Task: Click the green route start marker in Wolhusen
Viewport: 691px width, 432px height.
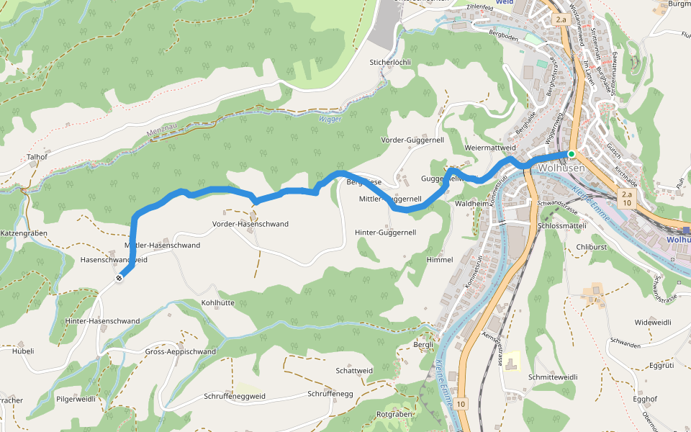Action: [x=571, y=154]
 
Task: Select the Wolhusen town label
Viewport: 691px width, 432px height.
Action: [x=561, y=168]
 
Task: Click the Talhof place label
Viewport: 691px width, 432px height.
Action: [x=37, y=156]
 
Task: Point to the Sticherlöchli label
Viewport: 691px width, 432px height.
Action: [x=390, y=63]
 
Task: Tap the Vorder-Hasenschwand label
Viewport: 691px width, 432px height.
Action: [x=250, y=224]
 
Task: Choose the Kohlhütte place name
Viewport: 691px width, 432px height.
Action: [x=218, y=303]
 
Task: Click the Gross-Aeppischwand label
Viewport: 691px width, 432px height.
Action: [x=180, y=351]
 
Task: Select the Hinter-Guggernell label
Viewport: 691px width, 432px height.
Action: [x=386, y=233]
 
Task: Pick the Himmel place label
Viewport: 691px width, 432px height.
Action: [x=440, y=259]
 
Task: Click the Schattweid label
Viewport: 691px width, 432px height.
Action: [x=354, y=370]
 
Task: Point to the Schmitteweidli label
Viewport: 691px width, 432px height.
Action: [x=553, y=377]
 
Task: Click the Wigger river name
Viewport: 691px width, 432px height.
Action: [x=330, y=119]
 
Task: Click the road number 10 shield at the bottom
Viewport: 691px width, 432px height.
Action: [x=461, y=404]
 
